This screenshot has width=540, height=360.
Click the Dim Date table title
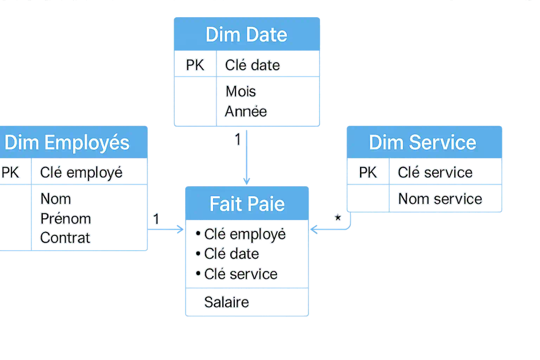[246, 35]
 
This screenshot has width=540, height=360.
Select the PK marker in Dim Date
[195, 66]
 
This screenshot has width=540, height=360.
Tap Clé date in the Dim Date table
[253, 66]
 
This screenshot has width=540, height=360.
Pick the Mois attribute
[241, 91]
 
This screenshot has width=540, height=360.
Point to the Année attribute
[246, 111]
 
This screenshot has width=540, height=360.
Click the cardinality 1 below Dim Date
[238, 139]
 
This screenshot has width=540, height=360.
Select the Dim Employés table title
[67, 143]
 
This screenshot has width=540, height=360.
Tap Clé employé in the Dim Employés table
[81, 173]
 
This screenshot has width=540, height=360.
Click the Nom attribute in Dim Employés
[55, 199]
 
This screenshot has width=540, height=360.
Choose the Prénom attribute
[65, 218]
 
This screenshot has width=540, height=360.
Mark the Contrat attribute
[65, 238]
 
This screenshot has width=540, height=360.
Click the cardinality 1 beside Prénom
[156, 218]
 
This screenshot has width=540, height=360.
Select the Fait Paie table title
[247, 204]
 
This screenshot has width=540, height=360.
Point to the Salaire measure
[226, 302]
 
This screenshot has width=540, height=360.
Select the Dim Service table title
[422, 143]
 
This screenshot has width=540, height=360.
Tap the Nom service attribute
[440, 199]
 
